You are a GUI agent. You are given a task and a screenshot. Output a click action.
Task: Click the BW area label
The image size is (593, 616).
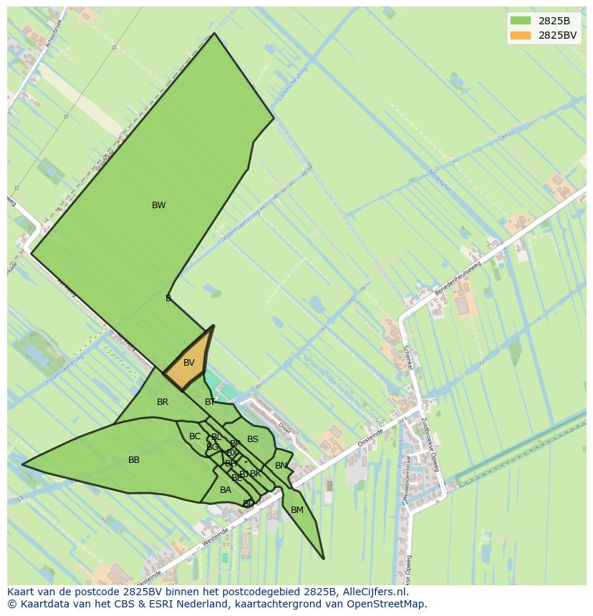(x=158, y=205)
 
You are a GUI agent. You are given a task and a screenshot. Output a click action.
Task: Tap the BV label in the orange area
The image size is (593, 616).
(x=188, y=363)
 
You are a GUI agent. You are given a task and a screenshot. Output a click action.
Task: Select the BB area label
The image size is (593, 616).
(x=134, y=460)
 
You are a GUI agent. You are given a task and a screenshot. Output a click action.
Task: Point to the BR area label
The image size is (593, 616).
(x=163, y=402)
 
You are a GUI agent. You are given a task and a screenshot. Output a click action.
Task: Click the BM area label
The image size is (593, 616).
(x=297, y=510)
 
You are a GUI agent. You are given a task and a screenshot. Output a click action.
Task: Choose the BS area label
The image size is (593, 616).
(x=253, y=439)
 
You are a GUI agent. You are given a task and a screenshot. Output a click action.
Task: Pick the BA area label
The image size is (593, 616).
(x=226, y=490)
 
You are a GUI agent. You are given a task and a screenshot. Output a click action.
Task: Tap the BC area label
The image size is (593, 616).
(x=195, y=436)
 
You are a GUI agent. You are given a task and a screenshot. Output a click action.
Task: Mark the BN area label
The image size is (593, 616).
(x=281, y=466)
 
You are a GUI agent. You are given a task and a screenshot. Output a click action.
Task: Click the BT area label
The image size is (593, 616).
(x=210, y=402)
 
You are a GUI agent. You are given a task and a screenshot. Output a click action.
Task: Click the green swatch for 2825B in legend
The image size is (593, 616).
(x=521, y=21)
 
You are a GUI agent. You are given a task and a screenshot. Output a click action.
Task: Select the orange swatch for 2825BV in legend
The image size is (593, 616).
(x=521, y=34)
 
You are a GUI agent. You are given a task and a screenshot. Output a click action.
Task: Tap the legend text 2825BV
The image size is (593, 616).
(x=557, y=34)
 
